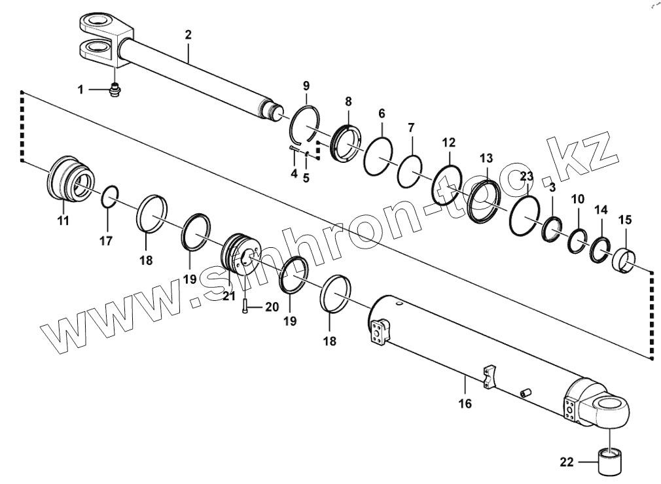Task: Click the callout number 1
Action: coord(80,90)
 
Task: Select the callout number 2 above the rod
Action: coord(188,35)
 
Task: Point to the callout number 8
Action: coord(348,101)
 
